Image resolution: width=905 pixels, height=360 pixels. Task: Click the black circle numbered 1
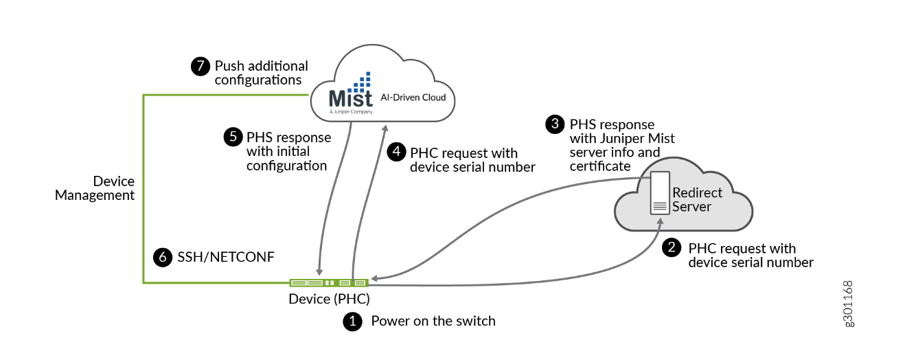352,322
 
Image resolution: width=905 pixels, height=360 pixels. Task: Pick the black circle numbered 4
396,153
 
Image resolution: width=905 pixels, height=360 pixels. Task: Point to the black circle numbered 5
232,137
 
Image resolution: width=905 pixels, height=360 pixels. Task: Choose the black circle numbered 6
162,257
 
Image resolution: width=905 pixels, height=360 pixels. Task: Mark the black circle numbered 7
199,66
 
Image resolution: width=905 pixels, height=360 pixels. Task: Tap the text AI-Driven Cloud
413,98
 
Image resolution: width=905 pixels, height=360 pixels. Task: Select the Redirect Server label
697,199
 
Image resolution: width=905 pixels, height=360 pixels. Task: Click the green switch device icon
329,282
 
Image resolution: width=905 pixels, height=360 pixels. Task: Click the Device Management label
95,188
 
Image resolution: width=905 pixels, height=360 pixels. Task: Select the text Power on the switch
433,321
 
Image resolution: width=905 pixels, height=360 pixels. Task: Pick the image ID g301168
849,303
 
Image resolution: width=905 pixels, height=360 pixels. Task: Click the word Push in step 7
229,66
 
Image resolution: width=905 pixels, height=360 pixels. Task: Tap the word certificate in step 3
600,166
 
